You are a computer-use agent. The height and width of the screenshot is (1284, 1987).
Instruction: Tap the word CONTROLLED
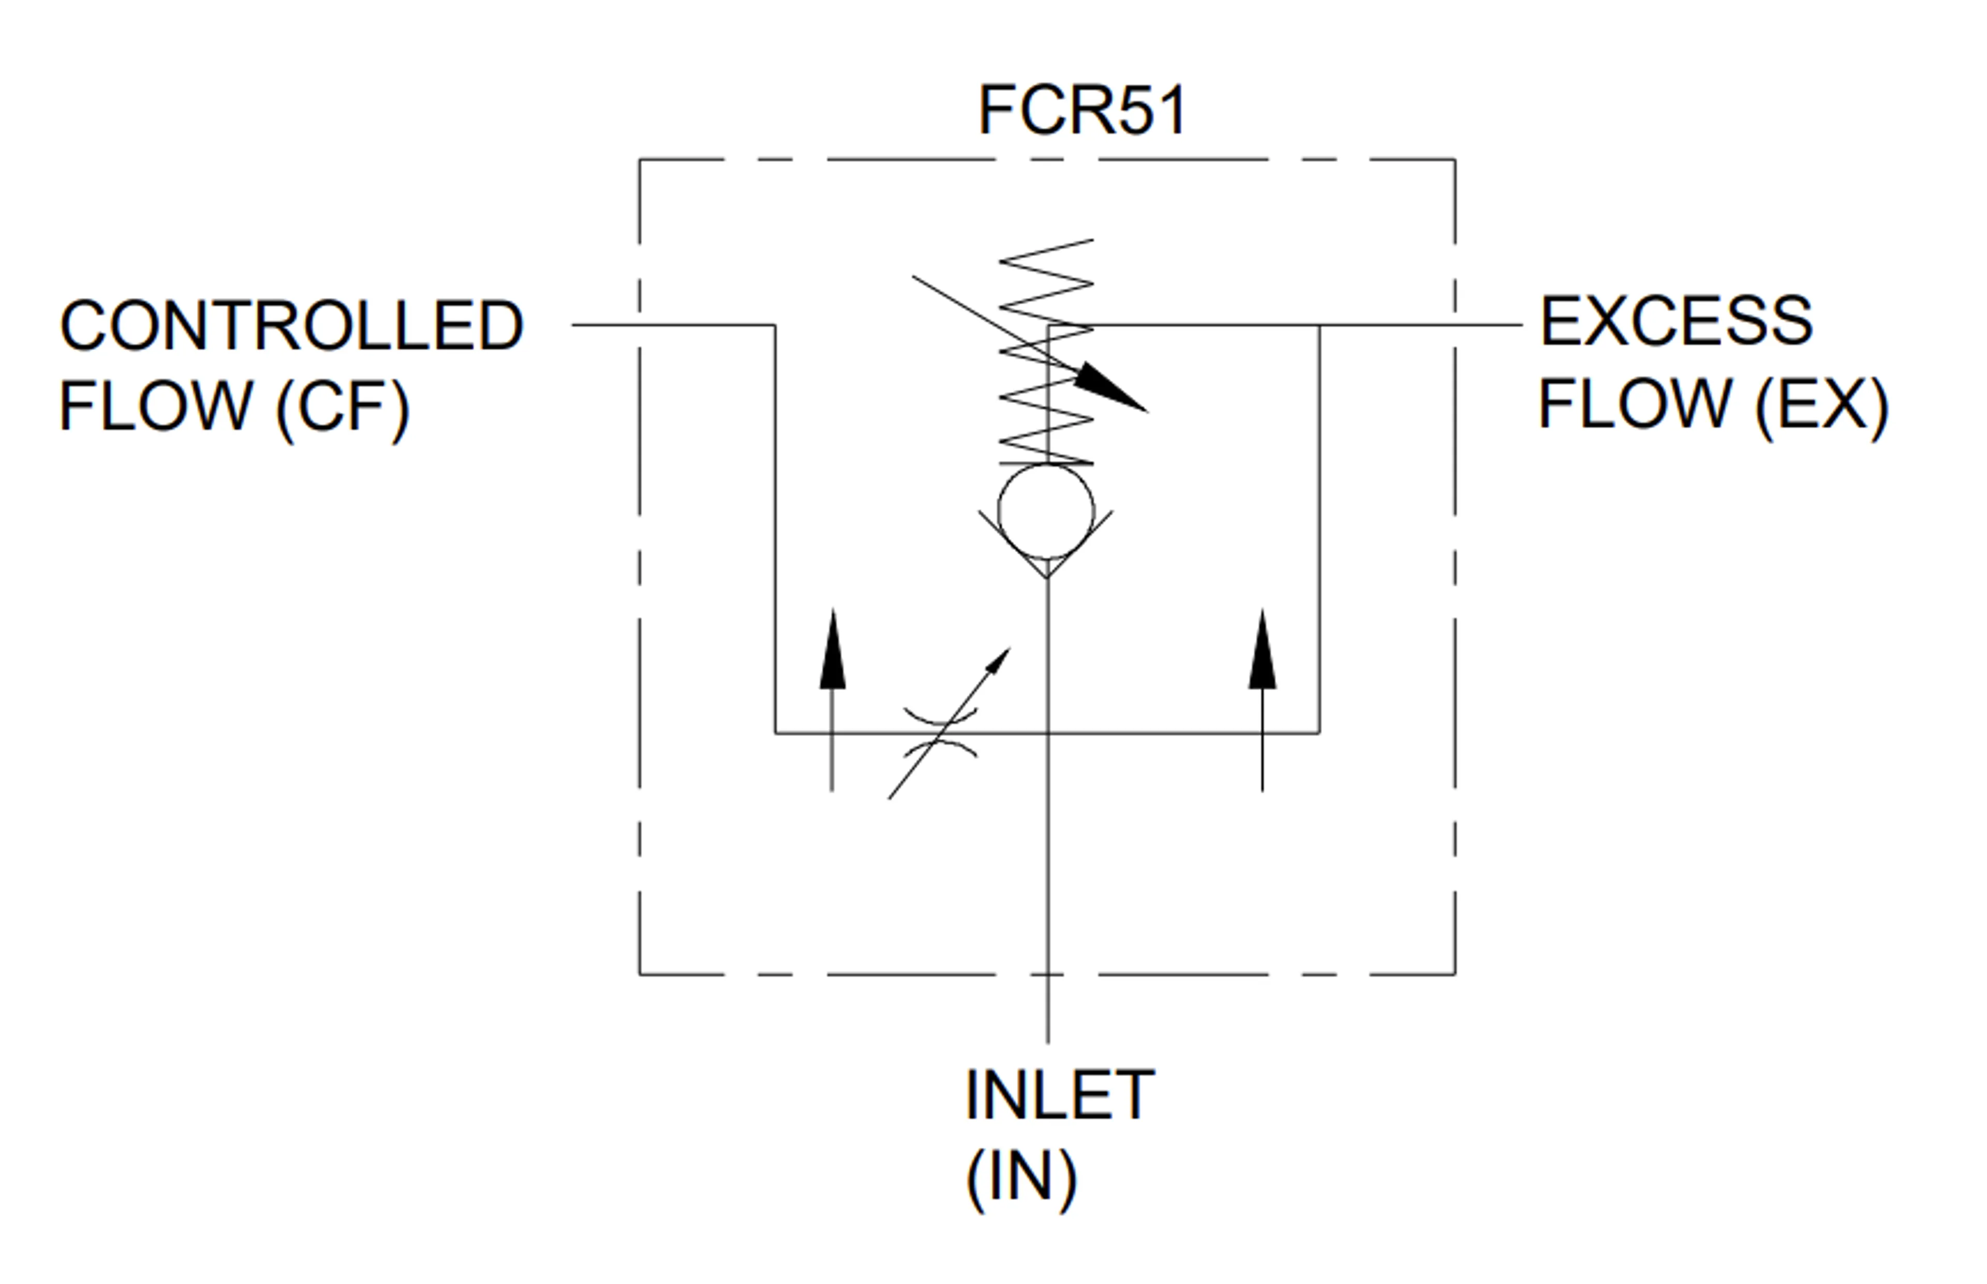tap(291, 325)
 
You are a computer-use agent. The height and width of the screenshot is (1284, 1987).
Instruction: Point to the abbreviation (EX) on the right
tap(1822, 405)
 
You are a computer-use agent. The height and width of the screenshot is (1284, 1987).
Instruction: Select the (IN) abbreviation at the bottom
tap(1021, 1177)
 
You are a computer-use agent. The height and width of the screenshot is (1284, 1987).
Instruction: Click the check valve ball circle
tap(1046, 511)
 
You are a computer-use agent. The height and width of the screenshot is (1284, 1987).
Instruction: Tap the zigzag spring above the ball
tap(1046, 352)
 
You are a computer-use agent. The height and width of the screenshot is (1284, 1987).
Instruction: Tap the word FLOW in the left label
tap(156, 406)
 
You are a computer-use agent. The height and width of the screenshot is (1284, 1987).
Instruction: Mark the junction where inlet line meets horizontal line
tap(1047, 733)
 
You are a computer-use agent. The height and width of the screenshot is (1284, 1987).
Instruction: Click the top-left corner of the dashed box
tap(640, 159)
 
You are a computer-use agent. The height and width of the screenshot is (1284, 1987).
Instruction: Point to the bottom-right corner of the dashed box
tap(1455, 974)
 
